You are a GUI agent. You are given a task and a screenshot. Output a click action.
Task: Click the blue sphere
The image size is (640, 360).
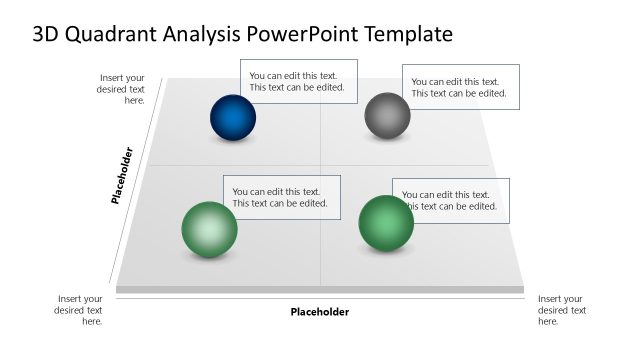233,117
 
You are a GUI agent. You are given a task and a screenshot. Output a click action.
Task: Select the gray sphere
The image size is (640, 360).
387,115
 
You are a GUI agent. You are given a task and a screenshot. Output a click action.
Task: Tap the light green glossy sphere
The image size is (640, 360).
209,229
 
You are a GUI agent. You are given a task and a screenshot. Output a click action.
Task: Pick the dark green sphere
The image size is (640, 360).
386,222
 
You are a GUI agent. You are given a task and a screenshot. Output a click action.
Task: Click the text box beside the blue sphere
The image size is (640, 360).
299,81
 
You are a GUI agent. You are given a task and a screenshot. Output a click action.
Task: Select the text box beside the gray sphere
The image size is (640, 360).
461,87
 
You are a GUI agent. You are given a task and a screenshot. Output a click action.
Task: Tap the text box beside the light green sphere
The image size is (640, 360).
282,197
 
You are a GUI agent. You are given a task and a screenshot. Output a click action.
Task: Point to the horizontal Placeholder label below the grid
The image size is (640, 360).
320,312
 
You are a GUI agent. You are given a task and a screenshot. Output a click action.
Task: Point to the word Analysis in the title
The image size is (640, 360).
204,34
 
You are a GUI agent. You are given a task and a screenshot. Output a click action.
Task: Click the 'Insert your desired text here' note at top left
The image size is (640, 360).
122,88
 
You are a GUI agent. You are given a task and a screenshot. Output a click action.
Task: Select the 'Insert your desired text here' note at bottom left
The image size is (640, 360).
80,310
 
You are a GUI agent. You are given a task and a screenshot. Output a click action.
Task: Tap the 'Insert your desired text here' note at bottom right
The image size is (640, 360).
561,310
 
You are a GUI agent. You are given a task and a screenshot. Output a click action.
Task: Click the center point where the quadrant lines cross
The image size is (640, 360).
320,165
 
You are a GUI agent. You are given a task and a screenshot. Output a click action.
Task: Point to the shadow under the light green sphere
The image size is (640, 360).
209,259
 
